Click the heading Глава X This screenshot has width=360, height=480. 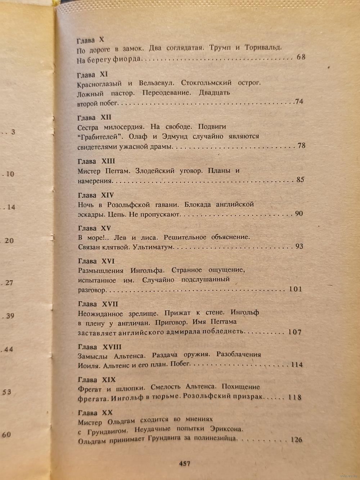pos(90,40)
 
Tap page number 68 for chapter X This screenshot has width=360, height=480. pos(301,57)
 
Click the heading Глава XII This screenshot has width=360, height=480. pos(94,118)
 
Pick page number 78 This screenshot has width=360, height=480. pos(301,145)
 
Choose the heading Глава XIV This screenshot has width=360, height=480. pos(96,195)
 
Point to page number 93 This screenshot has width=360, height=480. pos(299,246)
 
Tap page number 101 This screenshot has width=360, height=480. pos(295,289)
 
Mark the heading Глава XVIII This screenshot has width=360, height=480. pos(99,347)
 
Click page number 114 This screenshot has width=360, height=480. pos(297,365)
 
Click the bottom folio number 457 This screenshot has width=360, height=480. pos(184,463)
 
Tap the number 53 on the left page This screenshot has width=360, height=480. pos(7,392)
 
